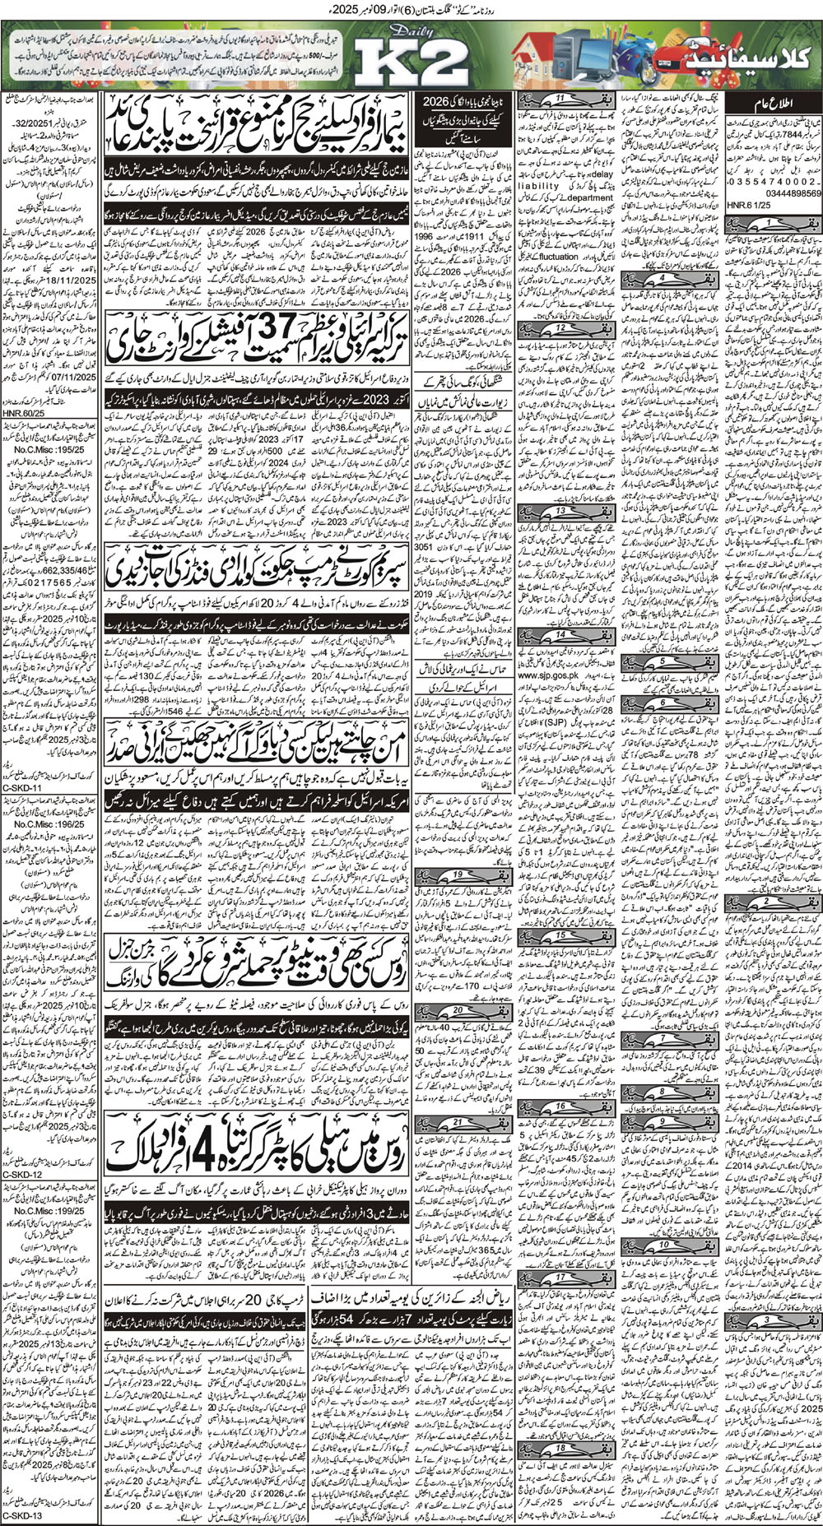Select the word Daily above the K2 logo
[393, 30]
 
